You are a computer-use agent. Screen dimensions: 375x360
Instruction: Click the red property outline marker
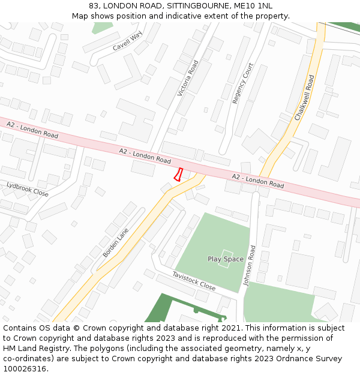(178, 175)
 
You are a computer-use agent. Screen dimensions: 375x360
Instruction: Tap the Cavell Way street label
(128, 41)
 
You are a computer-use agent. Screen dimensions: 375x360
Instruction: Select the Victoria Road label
(188, 79)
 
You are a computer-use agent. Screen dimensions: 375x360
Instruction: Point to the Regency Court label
(242, 83)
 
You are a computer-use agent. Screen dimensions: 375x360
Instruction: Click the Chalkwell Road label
(305, 98)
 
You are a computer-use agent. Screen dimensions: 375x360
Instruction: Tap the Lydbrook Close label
(28, 189)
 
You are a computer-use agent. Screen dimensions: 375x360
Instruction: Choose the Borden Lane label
(116, 242)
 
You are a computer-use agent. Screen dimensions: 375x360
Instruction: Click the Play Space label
(226, 259)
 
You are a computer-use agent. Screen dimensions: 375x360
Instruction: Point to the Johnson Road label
(251, 266)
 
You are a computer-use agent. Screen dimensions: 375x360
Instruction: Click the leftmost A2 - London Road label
(32, 130)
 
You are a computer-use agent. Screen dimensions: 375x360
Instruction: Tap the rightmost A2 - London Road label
(258, 180)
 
